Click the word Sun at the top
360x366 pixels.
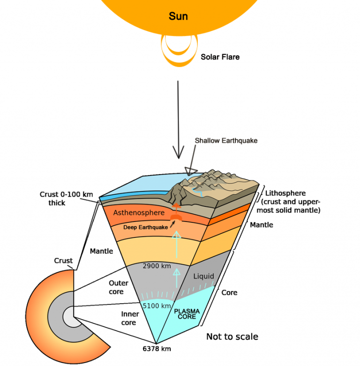(x=178, y=16)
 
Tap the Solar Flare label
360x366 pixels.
(x=220, y=57)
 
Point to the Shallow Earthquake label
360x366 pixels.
(x=226, y=140)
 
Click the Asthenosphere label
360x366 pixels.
(x=139, y=213)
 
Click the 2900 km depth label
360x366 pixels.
(x=156, y=266)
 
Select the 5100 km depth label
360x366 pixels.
(x=157, y=306)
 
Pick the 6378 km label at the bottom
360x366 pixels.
(x=157, y=349)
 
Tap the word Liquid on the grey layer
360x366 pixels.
(x=203, y=276)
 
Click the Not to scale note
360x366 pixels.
(x=232, y=336)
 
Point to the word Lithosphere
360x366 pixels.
(x=285, y=193)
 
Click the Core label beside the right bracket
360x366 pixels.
(x=229, y=292)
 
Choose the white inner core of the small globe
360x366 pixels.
(x=69, y=317)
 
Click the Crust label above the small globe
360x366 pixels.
(x=63, y=260)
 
